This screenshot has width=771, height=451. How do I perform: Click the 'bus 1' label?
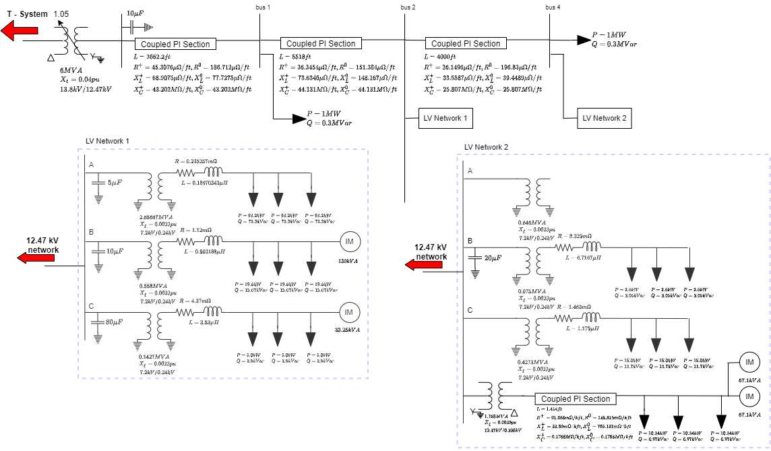point(264,7)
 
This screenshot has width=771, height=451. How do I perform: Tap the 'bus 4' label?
point(552,7)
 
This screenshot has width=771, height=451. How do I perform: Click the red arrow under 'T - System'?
point(21,30)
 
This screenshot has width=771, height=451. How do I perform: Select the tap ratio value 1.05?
point(61,13)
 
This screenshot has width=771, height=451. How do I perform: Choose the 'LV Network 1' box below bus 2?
point(445,118)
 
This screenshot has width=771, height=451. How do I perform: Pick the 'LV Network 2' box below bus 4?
point(605,118)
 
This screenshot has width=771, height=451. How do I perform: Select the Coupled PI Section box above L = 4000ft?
point(466,43)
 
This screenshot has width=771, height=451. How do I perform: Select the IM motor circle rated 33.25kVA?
point(349,312)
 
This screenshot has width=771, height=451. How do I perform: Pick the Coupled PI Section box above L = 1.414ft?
point(575,399)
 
